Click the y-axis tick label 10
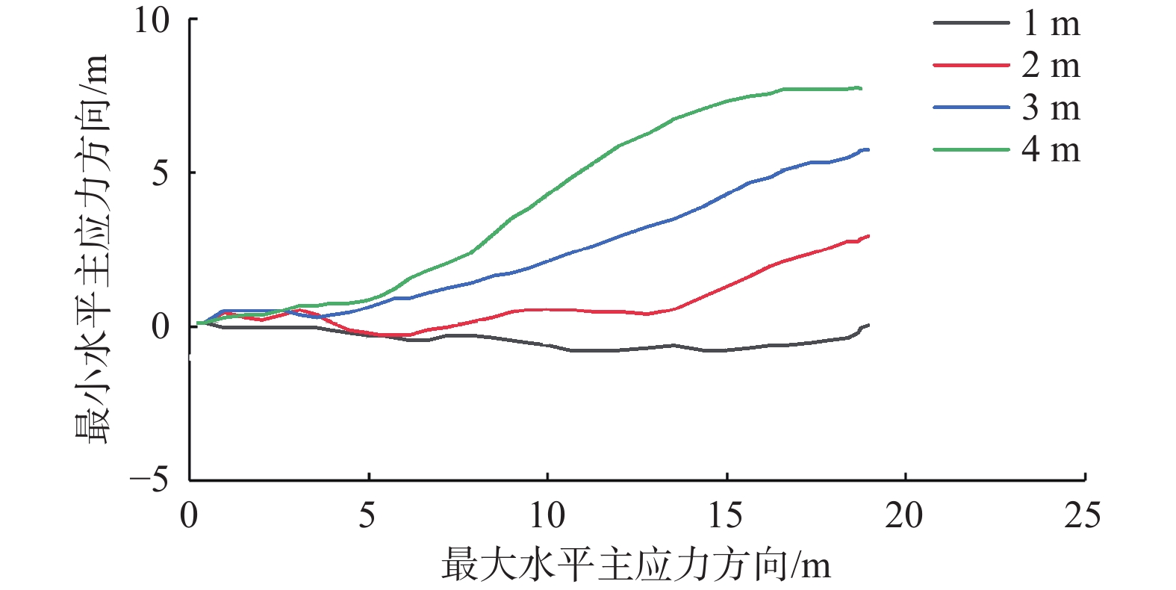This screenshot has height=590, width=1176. tap(152, 20)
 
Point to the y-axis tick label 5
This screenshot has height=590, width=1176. tap(161, 174)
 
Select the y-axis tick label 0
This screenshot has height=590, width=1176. tap(161, 327)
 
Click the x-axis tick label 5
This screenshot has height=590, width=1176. tap(367, 515)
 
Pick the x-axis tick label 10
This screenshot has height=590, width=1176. tap(547, 515)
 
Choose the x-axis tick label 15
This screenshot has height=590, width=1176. tap(726, 515)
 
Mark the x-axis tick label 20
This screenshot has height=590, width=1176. tap(904, 515)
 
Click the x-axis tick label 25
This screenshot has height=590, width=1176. tap(1083, 515)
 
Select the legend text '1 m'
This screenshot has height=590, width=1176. tap(1051, 24)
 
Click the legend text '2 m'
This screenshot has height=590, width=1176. tap(1051, 66)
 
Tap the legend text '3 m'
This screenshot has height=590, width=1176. tap(1051, 108)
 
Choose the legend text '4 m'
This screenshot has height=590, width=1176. tap(1051, 150)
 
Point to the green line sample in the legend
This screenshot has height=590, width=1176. tap(971, 150)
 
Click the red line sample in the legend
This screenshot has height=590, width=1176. tap(971, 66)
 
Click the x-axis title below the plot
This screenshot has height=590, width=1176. tap(636, 565)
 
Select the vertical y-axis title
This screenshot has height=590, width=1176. tap(92, 249)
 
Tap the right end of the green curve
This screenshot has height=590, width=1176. tap(861, 88)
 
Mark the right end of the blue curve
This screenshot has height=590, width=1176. tap(868, 150)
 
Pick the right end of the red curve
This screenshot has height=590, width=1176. tap(868, 236)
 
